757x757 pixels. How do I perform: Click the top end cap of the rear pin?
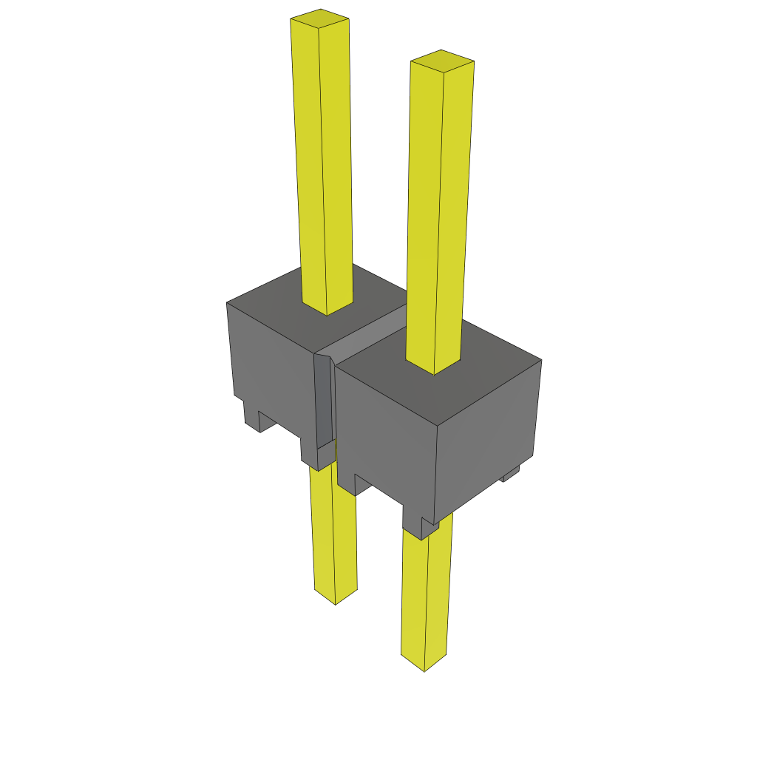pos(319,18)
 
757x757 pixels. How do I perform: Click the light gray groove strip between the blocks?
pos(370,333)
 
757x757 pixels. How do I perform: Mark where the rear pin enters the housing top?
pos(327,308)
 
